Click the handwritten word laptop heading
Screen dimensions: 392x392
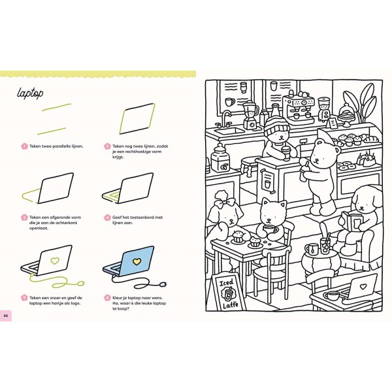click(30, 93)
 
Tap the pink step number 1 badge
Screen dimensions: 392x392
click(24, 146)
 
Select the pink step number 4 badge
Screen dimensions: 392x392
click(107, 218)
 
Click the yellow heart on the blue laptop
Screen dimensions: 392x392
click(137, 261)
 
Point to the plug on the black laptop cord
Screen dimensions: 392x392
click(163, 284)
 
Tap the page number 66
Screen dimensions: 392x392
click(5, 316)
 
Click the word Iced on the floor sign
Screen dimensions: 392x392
click(226, 284)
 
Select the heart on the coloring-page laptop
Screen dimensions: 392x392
click(363, 286)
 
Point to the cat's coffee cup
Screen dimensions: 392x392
click(270, 229)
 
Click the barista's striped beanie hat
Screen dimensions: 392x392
click(277, 125)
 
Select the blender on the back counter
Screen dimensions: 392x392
click(250, 114)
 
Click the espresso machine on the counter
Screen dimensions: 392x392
click(299, 108)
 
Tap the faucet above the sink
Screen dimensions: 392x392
click(225, 118)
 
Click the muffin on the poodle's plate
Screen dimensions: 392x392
click(238, 237)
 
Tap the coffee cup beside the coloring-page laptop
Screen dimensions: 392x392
click(332, 296)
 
